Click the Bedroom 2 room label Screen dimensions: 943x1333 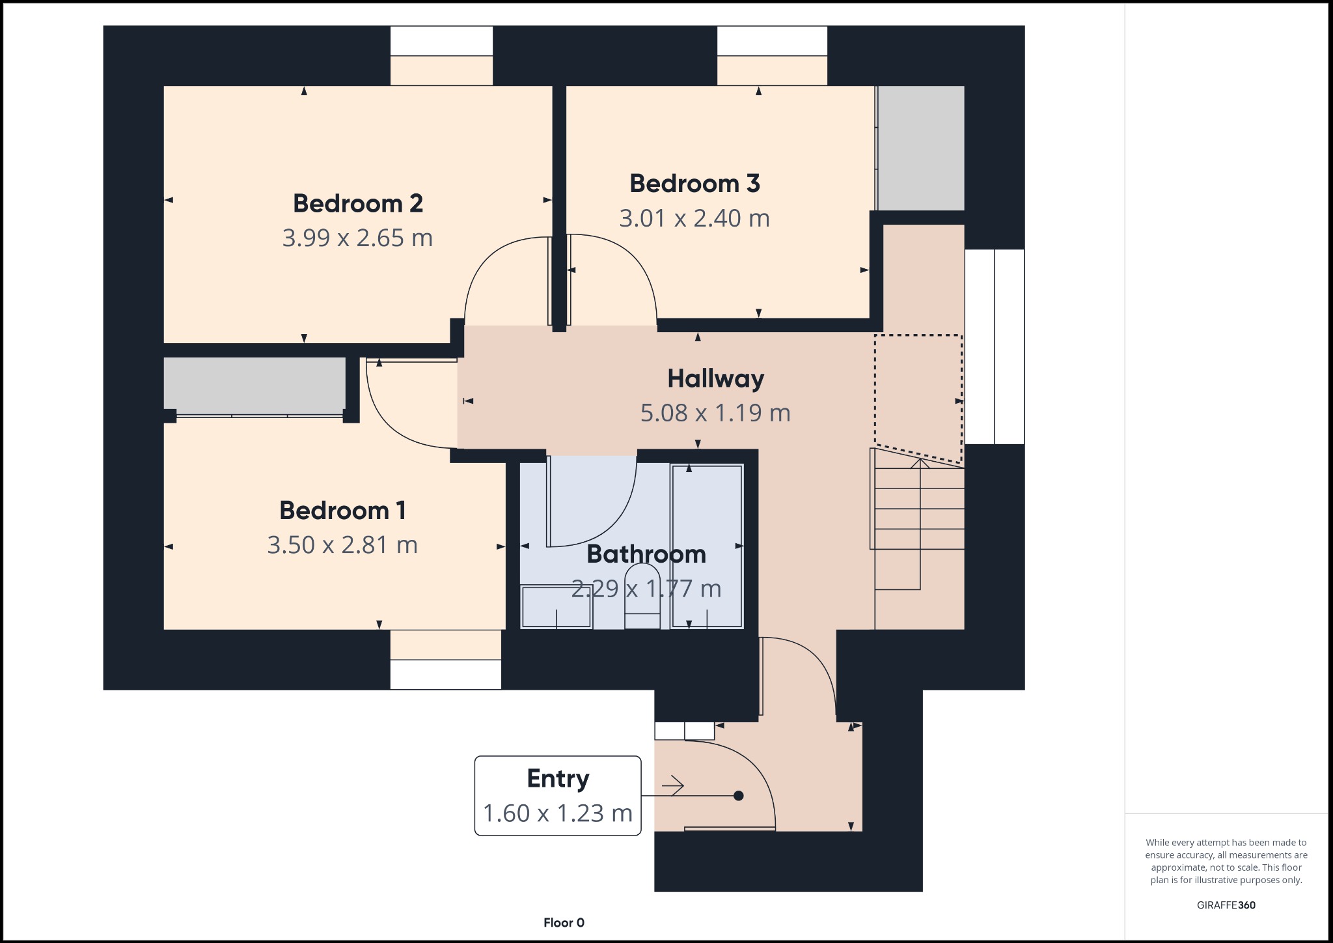(357, 203)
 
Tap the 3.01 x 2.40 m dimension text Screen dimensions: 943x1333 (694, 218)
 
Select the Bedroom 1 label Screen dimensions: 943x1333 (342, 510)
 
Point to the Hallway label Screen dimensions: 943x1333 (715, 378)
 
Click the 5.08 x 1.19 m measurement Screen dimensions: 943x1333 (715, 413)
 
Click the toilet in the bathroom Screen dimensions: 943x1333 (642, 596)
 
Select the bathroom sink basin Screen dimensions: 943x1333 (556, 606)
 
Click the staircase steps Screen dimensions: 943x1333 (919, 528)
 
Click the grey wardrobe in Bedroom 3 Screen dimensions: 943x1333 (920, 148)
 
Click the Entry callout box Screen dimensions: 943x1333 (558, 795)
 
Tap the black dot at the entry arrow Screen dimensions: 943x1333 (738, 795)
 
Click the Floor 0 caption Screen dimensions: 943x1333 (564, 923)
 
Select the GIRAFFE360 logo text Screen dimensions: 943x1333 (1226, 905)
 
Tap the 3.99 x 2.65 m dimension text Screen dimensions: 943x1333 (357, 238)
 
